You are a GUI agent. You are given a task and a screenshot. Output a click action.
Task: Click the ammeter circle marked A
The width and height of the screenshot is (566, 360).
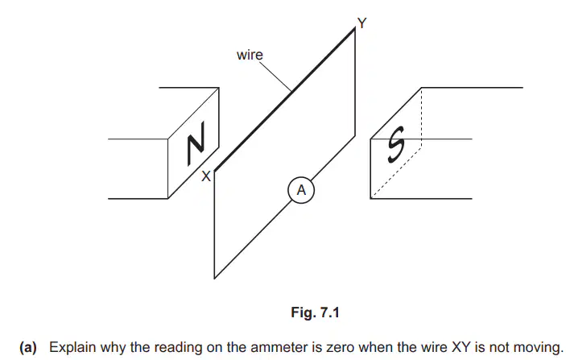click(x=301, y=190)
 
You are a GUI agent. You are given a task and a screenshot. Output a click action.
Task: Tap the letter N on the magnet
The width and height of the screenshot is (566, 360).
click(x=196, y=143)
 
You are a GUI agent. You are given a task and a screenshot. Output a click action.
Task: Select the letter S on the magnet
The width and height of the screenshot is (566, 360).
click(x=396, y=144)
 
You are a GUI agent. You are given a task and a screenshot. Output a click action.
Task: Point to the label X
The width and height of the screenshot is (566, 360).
click(x=206, y=176)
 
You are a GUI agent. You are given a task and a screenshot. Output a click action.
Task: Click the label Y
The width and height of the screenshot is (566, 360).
click(x=361, y=23)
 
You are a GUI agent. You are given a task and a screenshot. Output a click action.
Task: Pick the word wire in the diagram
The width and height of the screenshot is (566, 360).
click(x=250, y=55)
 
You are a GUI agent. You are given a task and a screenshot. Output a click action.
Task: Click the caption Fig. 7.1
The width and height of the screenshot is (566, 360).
click(x=315, y=312)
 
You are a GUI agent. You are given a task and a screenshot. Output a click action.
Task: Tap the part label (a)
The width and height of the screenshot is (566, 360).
click(x=28, y=347)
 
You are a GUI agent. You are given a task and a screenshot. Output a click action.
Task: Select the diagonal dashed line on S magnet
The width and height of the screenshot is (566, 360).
click(x=396, y=173)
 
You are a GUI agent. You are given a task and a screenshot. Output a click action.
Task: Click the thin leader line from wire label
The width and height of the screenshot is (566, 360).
click(x=275, y=77)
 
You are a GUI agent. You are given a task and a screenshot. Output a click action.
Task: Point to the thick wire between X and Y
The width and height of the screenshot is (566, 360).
click(x=285, y=100)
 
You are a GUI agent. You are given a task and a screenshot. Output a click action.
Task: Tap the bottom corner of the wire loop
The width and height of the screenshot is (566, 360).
click(x=214, y=278)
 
